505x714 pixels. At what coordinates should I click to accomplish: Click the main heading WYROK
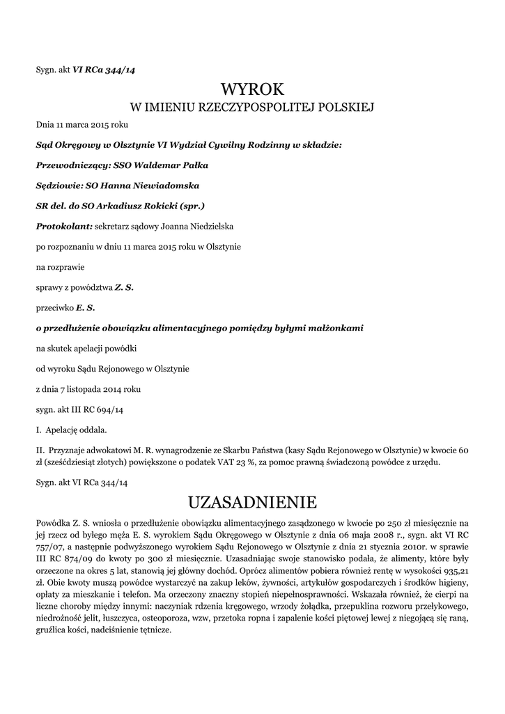click(253, 89)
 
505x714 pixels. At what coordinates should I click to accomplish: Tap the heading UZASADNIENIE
click(253, 502)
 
